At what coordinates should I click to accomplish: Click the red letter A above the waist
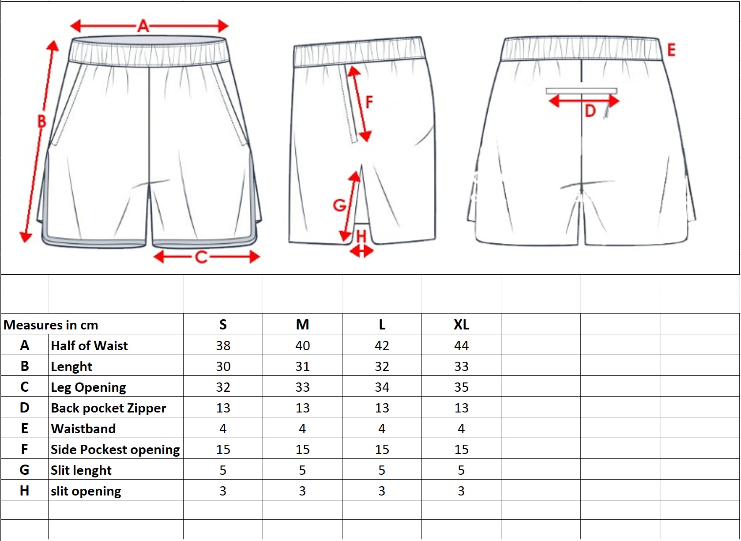[143, 26]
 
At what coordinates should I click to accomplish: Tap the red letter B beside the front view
[41, 121]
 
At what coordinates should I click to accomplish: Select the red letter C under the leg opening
[201, 257]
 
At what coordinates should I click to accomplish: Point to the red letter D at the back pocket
[590, 111]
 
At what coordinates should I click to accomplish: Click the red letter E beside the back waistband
[671, 50]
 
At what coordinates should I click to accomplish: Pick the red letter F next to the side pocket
[369, 102]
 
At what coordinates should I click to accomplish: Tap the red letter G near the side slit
[339, 205]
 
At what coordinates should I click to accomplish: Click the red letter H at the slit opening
[361, 236]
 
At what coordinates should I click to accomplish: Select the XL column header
[461, 325]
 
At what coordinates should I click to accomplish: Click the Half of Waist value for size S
[223, 345]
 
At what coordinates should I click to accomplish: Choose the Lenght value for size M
[302, 366]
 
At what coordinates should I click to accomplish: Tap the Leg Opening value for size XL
[461, 387]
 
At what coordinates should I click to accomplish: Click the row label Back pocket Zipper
[109, 408]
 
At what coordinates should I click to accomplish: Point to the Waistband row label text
[83, 429]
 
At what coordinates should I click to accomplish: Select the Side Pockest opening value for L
[382, 450]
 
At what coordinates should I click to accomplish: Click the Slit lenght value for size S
[223, 470]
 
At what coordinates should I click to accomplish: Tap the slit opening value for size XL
[461, 491]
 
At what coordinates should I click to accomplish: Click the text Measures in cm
[51, 325]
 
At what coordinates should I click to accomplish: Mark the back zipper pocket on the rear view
[581, 91]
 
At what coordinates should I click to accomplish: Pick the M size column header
[302, 325]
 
